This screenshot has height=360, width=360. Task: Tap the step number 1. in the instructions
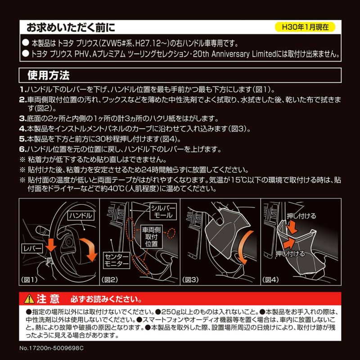pyautogui.click(x=22, y=90)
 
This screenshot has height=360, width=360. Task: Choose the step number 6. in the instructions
pyautogui.click(x=22, y=149)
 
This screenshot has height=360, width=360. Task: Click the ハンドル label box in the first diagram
pyautogui.click(x=81, y=216)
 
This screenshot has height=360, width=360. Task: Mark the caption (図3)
pyautogui.click(x=191, y=279)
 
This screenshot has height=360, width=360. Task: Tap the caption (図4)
pyautogui.click(x=271, y=279)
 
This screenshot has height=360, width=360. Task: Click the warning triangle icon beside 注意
pyautogui.click(x=29, y=298)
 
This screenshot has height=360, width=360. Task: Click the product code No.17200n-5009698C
pyautogui.click(x=52, y=348)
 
